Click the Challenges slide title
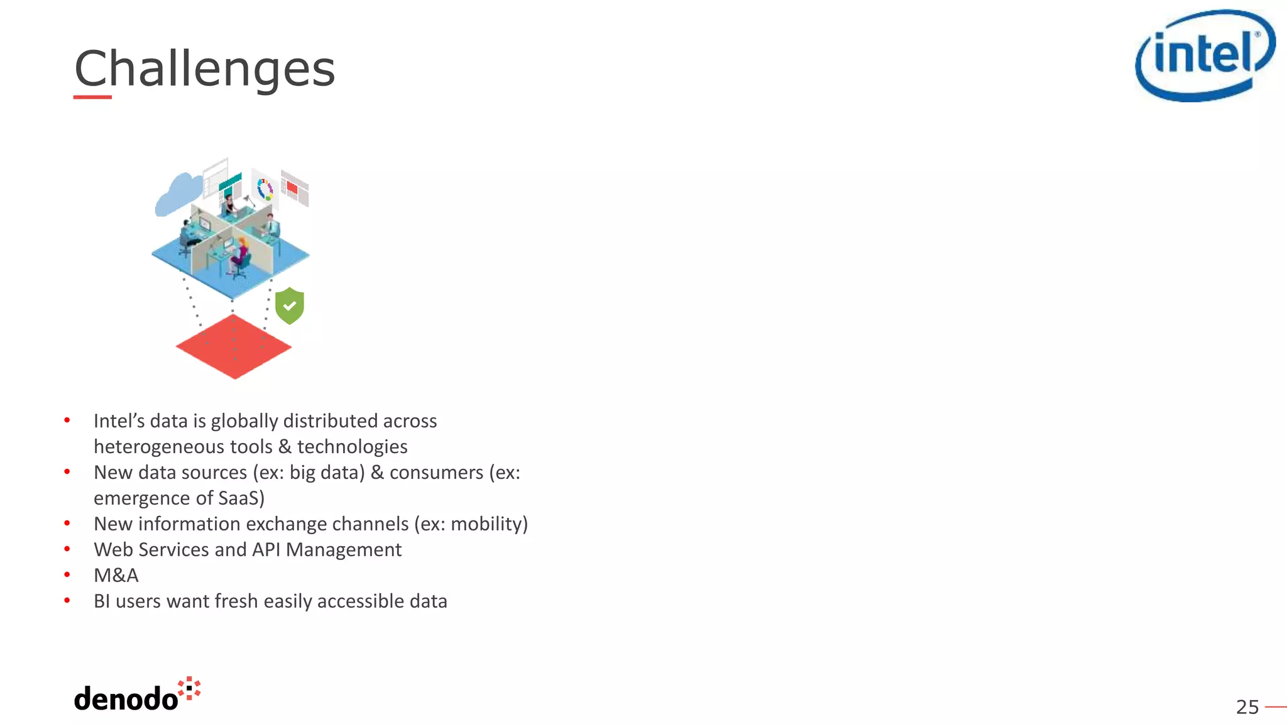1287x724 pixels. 204,69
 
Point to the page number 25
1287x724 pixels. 1247,707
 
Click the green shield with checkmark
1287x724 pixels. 290,305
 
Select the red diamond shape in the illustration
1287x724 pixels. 234,346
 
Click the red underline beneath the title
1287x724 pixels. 92,97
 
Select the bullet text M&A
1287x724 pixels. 116,575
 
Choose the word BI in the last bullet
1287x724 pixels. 102,601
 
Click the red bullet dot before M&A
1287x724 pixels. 67,574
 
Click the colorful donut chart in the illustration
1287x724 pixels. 265,189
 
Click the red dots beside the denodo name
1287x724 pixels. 189,688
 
